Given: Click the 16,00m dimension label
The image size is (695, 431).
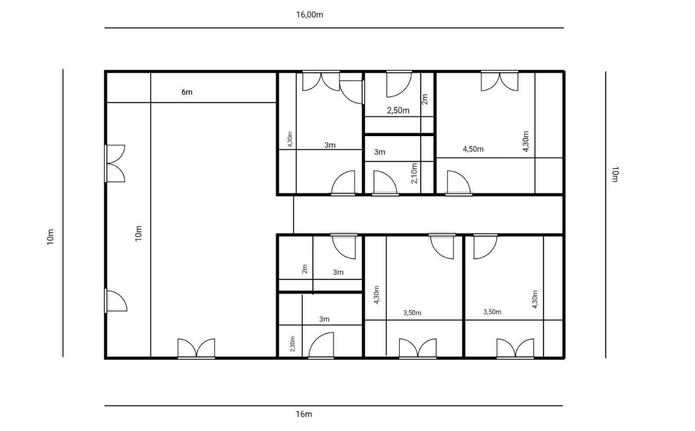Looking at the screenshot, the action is [x=309, y=15].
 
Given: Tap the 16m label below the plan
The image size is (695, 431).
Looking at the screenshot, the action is [x=304, y=414].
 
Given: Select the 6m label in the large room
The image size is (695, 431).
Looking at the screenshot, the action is [x=187, y=92].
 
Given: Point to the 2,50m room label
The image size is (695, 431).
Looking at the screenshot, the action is [x=398, y=110].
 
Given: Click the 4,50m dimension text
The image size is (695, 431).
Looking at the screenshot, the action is [x=473, y=149].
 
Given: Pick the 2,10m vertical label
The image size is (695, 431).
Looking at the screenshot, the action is [x=414, y=173].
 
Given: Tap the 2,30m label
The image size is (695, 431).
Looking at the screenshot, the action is [x=292, y=344].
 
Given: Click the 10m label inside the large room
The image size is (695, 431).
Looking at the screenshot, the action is [x=138, y=234].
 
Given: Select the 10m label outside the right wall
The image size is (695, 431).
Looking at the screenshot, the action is [x=615, y=174].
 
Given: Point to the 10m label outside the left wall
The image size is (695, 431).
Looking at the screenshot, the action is [x=50, y=237].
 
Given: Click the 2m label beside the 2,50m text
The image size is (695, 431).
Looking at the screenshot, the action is [x=425, y=99].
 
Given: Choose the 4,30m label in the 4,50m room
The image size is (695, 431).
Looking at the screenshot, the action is [x=525, y=141].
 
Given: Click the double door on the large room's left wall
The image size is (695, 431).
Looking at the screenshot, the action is [x=116, y=164].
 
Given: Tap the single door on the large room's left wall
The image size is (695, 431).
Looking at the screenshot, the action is [x=116, y=301].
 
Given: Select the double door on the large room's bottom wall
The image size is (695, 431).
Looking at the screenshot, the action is [x=196, y=348].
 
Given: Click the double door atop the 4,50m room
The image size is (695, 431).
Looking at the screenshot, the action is [x=499, y=81].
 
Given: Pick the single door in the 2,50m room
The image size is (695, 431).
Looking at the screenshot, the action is [x=399, y=84].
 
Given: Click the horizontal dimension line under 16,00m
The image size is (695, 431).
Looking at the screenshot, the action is [x=334, y=28].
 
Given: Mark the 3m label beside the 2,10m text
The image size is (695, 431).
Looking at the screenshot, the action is [x=379, y=152].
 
